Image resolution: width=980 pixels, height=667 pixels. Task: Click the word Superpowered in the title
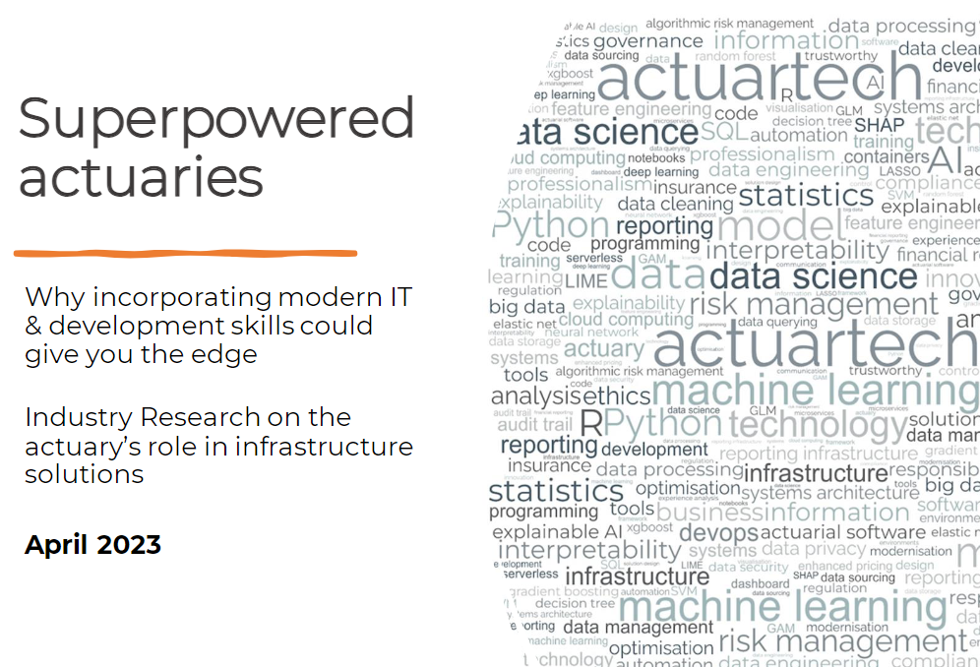[x=216, y=120]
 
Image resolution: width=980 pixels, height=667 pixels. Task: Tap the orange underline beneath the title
[x=185, y=254]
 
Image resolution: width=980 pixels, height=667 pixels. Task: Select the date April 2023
[x=92, y=544]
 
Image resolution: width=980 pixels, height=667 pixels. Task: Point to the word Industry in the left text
[x=83, y=417]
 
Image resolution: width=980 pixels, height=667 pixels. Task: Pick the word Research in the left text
[x=204, y=417]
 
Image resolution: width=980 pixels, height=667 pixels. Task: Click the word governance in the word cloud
[x=647, y=41]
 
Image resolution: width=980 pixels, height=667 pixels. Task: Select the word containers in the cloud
[x=886, y=155]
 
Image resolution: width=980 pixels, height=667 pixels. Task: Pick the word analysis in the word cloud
[x=535, y=395]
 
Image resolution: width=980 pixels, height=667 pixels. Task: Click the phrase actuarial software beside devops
[x=843, y=532]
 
